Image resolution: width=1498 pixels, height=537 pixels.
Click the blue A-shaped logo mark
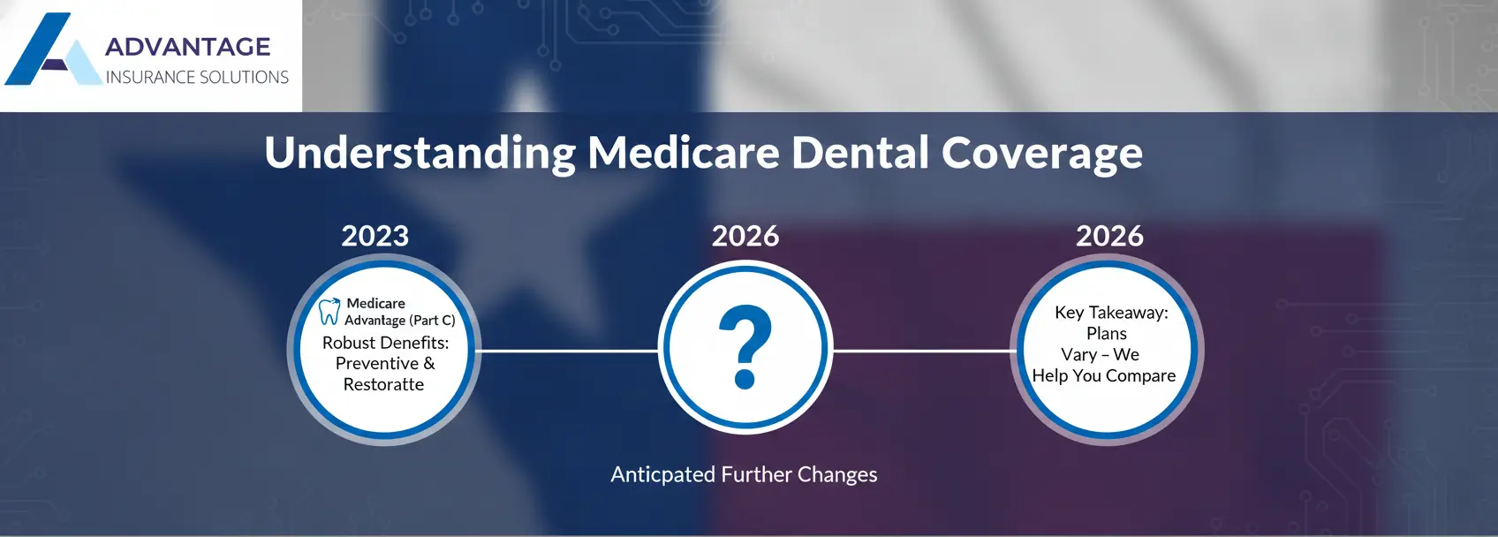point(49,53)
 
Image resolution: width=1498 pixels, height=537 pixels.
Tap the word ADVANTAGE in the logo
point(187,47)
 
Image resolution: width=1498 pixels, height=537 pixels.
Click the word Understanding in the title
point(420,153)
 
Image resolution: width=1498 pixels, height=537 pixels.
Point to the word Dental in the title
point(860,153)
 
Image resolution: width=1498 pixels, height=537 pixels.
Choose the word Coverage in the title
point(1041,153)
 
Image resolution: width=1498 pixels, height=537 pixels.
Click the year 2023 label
point(375,236)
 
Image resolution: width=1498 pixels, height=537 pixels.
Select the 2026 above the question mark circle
point(745,236)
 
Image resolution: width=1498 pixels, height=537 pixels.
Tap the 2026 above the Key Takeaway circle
point(1109,236)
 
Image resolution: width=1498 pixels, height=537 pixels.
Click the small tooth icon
point(329,311)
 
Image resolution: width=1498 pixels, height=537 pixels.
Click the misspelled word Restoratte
point(383,384)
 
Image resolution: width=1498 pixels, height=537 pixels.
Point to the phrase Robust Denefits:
point(385,343)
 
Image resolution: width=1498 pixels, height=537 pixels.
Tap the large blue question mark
point(745,347)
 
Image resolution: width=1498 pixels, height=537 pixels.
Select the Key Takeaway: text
point(1111,313)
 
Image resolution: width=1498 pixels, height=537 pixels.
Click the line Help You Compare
point(1104,375)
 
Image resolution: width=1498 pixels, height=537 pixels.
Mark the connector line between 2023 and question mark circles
point(568,351)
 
